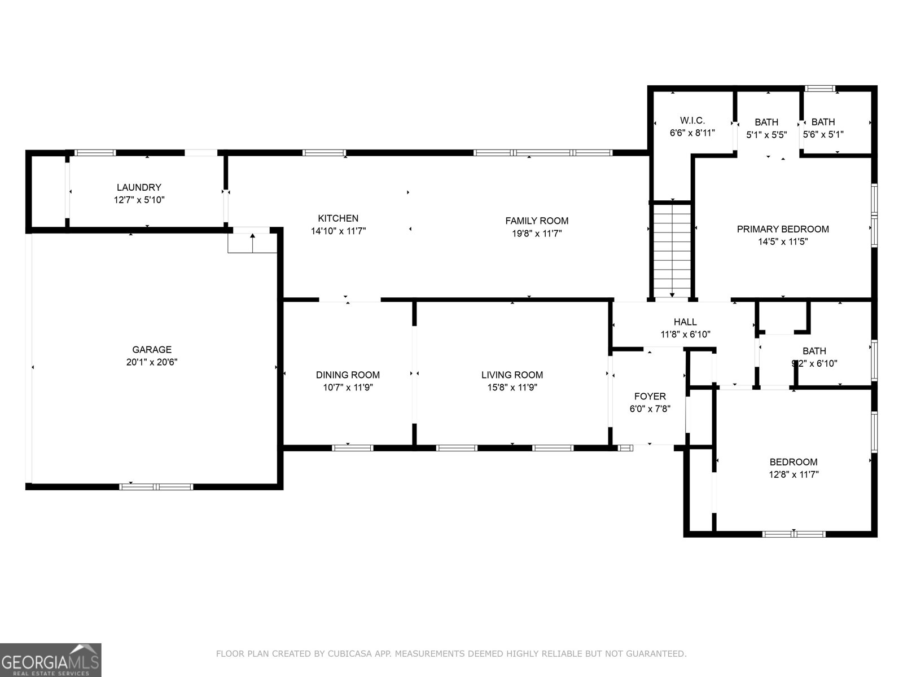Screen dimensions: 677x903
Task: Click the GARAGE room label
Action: [x=151, y=350]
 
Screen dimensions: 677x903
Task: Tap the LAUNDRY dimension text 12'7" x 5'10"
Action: [x=139, y=200]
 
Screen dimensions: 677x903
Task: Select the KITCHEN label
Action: [x=338, y=218]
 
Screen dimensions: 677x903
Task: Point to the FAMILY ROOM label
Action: [x=536, y=221]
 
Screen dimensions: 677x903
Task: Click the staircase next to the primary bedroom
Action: [x=672, y=251]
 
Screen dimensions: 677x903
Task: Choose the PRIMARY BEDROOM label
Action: [x=782, y=229]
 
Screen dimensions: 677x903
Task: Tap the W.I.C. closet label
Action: [x=692, y=121]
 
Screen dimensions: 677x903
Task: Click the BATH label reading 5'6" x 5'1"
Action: [x=823, y=122]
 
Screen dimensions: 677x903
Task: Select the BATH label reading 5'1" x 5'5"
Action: [x=766, y=122]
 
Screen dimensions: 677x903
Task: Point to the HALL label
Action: [x=685, y=322]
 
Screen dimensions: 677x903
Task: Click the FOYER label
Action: [x=650, y=397]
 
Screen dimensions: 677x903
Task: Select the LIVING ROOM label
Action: [x=512, y=375]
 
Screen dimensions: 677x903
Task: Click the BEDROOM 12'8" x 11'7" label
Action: [x=794, y=462]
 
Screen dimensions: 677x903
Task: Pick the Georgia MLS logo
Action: [x=51, y=660]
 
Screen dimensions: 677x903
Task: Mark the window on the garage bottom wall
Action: [x=156, y=486]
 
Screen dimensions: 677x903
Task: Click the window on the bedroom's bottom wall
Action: [x=794, y=534]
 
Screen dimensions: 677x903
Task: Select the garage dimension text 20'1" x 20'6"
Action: [x=151, y=363]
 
